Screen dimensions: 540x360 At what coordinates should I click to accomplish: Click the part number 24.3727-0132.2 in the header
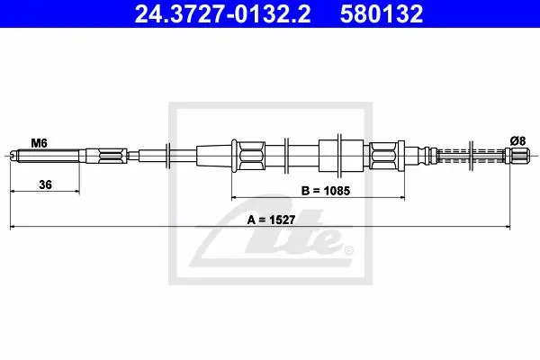(222, 13)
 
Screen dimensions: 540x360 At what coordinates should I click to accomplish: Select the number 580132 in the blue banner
(382, 13)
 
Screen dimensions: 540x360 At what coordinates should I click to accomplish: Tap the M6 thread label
(39, 142)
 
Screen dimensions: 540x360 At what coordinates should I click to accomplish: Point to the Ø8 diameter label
(518, 141)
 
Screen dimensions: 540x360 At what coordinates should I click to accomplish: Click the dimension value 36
(45, 184)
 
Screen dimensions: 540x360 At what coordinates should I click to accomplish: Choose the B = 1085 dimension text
(326, 191)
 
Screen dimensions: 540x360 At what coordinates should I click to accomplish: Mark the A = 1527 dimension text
(271, 220)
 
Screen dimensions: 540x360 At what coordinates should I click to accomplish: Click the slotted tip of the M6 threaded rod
(13, 156)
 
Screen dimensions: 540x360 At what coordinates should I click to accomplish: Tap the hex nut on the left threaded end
(110, 156)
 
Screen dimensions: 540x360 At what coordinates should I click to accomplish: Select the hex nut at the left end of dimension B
(252, 156)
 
